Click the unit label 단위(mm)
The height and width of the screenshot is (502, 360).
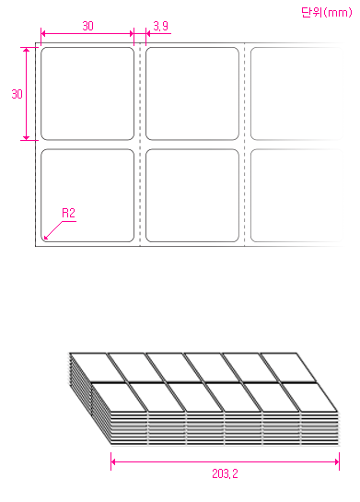[327, 13]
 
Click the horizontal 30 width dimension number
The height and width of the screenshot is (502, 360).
[87, 26]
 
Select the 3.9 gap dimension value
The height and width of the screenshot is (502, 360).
[160, 26]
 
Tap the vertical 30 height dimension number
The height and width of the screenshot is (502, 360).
[17, 94]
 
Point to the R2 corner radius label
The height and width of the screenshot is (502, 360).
[68, 213]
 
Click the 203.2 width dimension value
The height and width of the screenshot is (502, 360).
[225, 473]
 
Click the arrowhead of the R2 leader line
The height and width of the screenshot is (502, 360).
[46, 238]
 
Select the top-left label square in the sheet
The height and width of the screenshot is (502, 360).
[87, 94]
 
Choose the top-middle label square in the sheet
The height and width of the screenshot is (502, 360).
[192, 94]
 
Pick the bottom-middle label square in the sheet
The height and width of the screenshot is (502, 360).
[192, 195]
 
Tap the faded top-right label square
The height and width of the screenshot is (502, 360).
[296, 94]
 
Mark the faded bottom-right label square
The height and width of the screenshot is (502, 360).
[296, 195]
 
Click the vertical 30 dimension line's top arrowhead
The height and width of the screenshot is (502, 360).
[26, 50]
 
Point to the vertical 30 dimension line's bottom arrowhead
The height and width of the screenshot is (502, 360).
[26, 137]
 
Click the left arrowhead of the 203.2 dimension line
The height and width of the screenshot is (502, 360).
[113, 461]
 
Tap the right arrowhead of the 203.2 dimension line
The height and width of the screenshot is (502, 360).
[337, 461]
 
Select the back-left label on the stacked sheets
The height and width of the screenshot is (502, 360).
[98, 368]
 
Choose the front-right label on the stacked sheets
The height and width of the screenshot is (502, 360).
[309, 397]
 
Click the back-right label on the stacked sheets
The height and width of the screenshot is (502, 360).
[288, 368]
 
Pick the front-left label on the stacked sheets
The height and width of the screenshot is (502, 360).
[119, 397]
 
